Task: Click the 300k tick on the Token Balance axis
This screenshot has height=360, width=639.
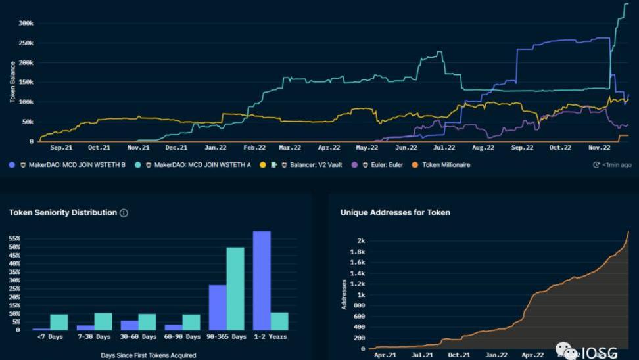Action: [25, 24]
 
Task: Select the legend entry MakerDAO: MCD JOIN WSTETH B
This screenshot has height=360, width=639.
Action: [76, 165]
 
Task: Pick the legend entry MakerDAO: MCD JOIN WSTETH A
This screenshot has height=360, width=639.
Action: [201, 165]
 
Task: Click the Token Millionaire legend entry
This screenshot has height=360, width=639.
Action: [445, 165]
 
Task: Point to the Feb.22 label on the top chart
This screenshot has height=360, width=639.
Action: [254, 148]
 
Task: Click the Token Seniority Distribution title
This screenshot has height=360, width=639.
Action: [63, 213]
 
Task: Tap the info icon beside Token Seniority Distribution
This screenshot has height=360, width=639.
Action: [124, 213]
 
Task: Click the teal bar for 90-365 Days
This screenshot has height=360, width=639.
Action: [235, 288]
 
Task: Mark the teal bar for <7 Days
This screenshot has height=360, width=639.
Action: [59, 322]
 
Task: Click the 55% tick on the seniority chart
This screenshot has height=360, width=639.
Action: [14, 238]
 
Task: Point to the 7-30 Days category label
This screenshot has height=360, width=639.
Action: [94, 337]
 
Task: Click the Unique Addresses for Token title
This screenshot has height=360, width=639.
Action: [395, 213]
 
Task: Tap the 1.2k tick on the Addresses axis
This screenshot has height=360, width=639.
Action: [357, 284]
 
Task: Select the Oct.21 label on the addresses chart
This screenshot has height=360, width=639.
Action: [459, 355]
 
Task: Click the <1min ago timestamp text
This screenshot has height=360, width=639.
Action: [617, 165]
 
